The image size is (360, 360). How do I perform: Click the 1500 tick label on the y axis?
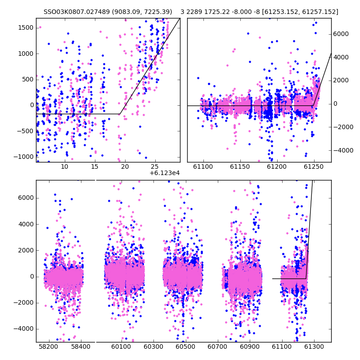coord(26,28)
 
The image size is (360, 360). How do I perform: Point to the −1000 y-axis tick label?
coord(23,157)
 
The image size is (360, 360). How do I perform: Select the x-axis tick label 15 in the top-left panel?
coord(94,166)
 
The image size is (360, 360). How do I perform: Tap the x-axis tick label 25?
coord(155,166)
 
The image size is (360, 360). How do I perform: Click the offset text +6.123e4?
coord(165,173)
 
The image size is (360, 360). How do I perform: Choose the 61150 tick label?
coord(240,166)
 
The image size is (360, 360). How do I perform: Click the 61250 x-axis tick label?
coord(314,166)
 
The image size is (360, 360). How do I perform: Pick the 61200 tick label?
coord(277,166)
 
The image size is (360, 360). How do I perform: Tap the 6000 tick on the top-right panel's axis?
coord(341,34)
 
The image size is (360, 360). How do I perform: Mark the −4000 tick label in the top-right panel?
coord(343,151)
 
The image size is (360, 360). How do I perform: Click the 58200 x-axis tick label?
coord(49,346)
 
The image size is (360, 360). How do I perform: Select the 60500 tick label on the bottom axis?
coord(185,346)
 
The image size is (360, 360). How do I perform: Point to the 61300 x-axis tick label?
coord(314,346)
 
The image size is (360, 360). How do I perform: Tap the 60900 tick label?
coord(250,346)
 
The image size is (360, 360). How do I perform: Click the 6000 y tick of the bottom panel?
coord(26,198)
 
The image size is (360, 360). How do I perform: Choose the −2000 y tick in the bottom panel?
coord(23,303)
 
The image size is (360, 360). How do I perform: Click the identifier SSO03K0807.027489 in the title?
coord(76,12)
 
